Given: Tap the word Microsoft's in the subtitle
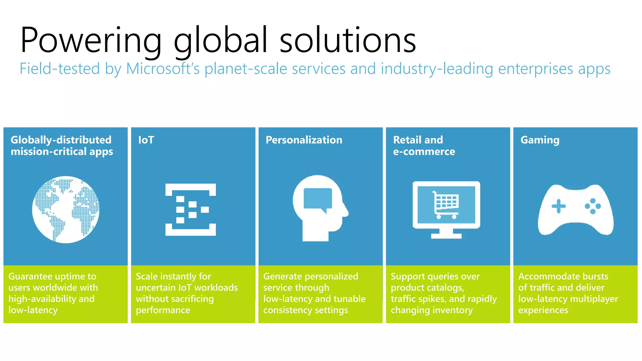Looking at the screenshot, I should (163, 69).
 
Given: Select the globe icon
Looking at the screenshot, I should (66, 210).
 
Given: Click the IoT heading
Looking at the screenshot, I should (146, 140).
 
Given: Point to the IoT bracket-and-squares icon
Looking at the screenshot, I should (191, 210).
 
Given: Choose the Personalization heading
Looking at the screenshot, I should (304, 140).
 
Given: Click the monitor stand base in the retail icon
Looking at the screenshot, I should (446, 236).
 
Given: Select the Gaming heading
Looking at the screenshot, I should (540, 140).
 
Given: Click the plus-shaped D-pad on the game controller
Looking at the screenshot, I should (559, 206).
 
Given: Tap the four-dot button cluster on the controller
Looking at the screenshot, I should (592, 206).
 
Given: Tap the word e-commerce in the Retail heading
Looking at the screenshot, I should (424, 152).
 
